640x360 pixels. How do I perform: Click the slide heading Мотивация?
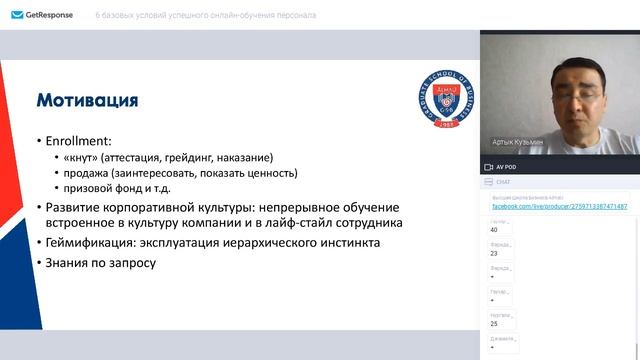pos(87,100)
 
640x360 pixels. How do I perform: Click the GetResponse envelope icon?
pos(17,15)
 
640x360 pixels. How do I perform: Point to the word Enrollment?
pos(76,142)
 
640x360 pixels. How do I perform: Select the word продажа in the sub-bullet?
pos(91,172)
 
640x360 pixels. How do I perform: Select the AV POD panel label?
pos(506,166)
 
